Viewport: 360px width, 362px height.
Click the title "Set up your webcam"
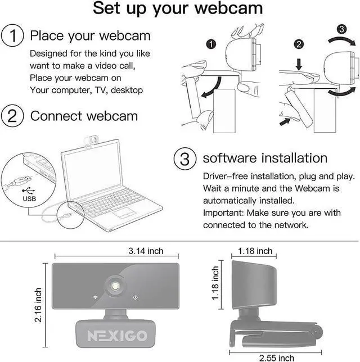tap(178, 9)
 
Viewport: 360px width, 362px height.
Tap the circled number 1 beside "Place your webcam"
tap(12, 37)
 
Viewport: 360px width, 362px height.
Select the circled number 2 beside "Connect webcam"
tap(12, 116)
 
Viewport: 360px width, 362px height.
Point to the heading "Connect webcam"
tap(84, 116)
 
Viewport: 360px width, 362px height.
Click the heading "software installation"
tap(265, 158)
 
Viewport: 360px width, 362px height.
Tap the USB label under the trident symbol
tap(27, 198)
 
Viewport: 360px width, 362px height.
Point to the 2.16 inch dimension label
tap(38, 305)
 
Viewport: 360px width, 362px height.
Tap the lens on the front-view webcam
tap(117, 286)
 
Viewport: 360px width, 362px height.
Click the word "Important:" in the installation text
tap(223, 213)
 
